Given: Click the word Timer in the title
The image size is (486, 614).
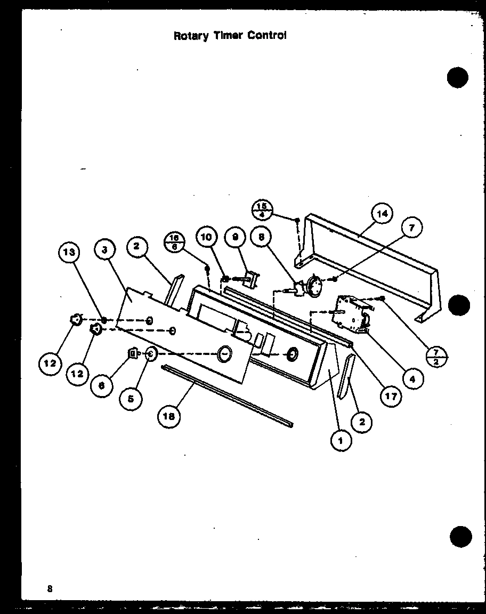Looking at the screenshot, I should point(230,36).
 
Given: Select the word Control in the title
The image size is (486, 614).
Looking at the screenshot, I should point(268,36).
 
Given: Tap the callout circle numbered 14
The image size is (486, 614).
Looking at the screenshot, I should point(382,214).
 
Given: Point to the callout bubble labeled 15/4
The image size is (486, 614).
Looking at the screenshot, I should point(261,209).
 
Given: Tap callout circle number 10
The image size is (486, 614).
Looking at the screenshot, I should point(207,237).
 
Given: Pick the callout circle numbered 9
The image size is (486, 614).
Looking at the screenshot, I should point(234,237).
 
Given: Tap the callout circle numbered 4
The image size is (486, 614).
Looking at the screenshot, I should point(412,379).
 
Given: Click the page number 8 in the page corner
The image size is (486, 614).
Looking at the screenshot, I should point(50,588).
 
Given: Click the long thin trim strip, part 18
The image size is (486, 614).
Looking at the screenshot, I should point(228,395).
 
